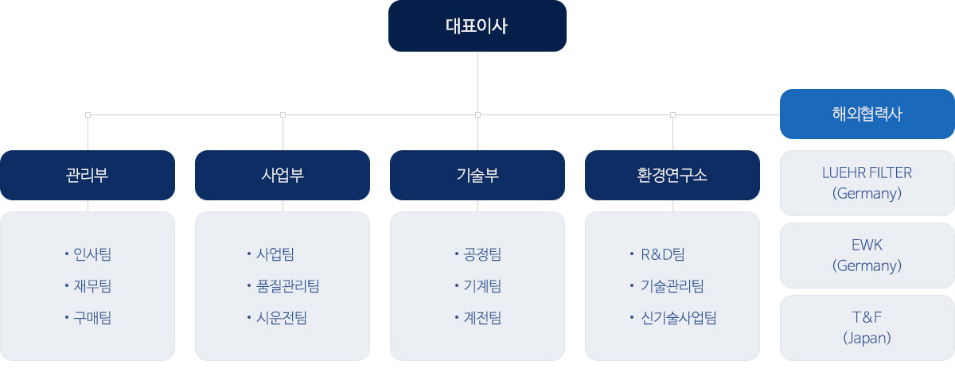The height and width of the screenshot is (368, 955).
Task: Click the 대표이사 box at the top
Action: point(477,26)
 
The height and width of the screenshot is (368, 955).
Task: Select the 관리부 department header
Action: point(88,175)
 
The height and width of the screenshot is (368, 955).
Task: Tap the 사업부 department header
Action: point(283,175)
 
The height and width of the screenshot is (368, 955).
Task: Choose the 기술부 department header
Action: point(477,175)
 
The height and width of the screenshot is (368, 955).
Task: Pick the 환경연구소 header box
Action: point(672,175)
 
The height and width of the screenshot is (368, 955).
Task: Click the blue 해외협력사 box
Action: point(867,114)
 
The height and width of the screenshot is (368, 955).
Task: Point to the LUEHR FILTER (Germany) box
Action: point(867,183)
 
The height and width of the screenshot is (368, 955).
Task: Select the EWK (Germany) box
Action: point(867,256)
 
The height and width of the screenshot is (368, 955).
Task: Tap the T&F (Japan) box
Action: point(867,328)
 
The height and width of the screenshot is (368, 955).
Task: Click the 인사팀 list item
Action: point(92,254)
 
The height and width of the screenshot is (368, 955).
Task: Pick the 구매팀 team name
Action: point(92,318)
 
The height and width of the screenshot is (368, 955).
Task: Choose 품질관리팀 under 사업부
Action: point(288,286)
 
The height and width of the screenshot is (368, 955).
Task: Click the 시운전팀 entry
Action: point(282,318)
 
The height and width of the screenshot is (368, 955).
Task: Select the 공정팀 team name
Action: point(482,254)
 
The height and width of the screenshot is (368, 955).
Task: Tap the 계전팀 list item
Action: point(482,318)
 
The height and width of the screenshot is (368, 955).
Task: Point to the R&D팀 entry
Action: point(663,254)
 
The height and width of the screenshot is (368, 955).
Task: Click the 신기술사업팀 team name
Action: point(679,318)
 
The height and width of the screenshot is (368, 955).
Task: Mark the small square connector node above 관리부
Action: point(88,114)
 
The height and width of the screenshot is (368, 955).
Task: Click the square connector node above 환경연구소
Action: point(672,114)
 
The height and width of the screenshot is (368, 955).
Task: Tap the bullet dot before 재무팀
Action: point(67,285)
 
